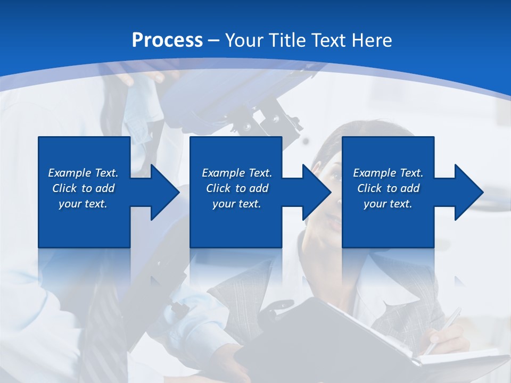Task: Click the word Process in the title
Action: click(x=167, y=40)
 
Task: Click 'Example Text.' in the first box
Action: click(x=83, y=173)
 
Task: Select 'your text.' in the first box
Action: click(x=83, y=204)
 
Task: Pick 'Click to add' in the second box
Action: click(x=237, y=188)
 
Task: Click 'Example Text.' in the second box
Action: click(x=237, y=173)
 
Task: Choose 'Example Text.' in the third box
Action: click(x=388, y=173)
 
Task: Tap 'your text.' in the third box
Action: click(x=388, y=204)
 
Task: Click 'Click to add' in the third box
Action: click(x=388, y=188)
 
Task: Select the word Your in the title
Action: click(x=244, y=40)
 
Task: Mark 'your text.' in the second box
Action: click(x=237, y=204)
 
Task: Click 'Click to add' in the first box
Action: click(x=83, y=188)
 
